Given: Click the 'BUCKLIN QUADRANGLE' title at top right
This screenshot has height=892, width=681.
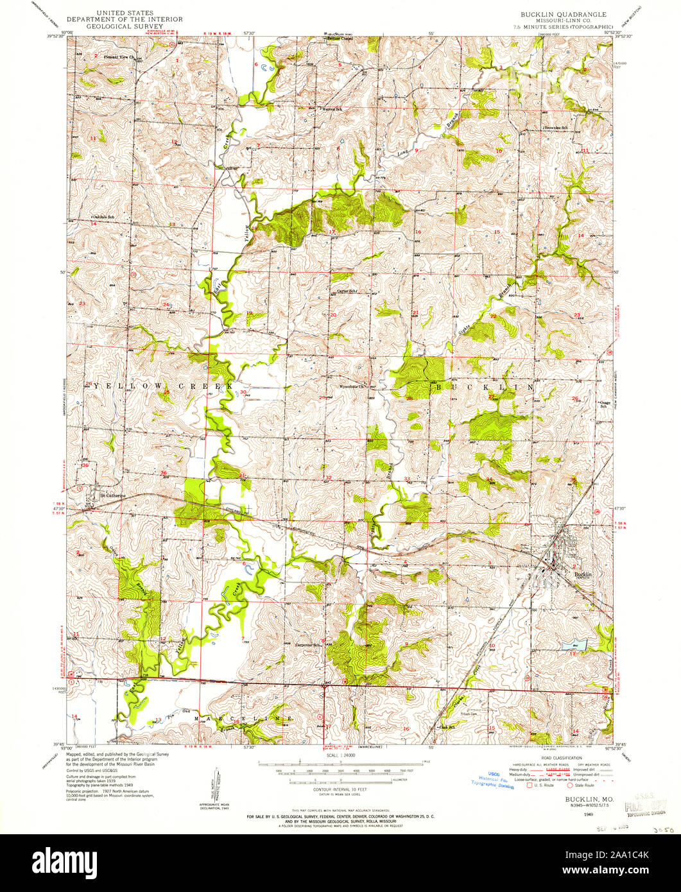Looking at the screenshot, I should [x=558, y=12].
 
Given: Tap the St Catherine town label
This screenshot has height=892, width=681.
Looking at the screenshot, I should [x=108, y=495].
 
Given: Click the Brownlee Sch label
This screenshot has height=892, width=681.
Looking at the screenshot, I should [x=556, y=127].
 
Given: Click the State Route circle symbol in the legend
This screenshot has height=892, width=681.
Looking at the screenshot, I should [x=569, y=785].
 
